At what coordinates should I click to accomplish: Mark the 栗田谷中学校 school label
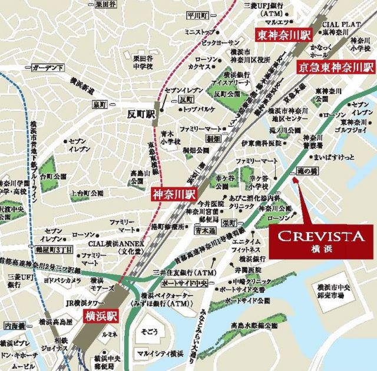(143, 63)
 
